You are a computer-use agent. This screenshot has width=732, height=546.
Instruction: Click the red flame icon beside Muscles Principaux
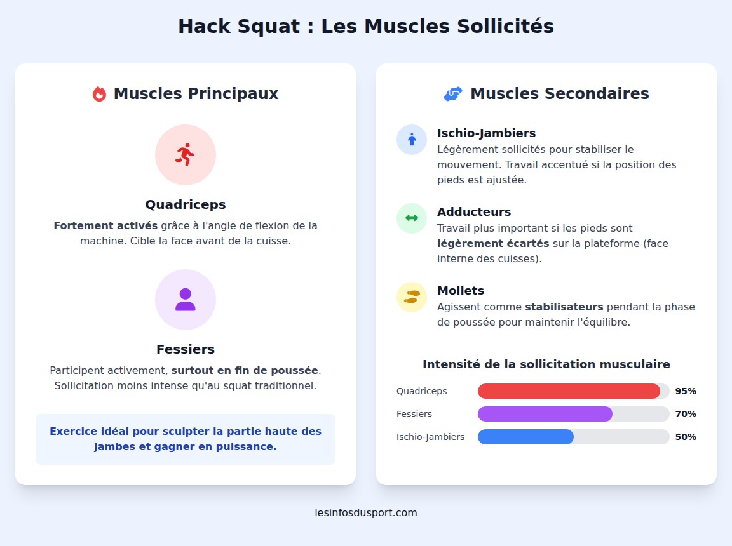point(99,94)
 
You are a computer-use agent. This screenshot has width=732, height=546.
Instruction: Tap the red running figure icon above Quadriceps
point(185,155)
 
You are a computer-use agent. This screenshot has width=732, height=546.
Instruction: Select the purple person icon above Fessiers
point(185,300)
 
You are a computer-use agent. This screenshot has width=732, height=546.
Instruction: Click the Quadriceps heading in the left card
point(185,204)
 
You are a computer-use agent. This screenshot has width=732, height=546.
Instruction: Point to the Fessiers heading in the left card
point(185,349)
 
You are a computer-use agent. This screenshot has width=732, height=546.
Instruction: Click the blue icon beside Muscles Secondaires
point(452,94)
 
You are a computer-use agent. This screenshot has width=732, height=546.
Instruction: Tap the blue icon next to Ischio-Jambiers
point(412,140)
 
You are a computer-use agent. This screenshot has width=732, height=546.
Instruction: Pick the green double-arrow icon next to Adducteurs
point(412,218)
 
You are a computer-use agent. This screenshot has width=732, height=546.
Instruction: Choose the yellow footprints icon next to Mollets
point(412,297)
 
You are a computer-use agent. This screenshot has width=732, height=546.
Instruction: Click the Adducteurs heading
point(474,212)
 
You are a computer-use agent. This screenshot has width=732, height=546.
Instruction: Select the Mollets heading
point(461,291)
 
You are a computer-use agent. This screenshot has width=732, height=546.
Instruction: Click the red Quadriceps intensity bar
point(569,391)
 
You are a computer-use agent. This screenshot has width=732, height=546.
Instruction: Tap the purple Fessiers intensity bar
point(545,414)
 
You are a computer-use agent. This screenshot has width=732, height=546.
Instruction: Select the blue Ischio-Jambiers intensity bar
point(525,437)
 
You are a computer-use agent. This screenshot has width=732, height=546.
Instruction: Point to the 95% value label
point(686,391)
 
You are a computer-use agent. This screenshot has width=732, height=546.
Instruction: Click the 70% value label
point(686,414)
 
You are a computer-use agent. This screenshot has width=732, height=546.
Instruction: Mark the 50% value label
point(686,437)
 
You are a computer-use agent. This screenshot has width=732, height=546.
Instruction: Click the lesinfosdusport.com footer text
point(366,512)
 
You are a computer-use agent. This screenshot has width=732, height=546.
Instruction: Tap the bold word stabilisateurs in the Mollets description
point(564,307)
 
